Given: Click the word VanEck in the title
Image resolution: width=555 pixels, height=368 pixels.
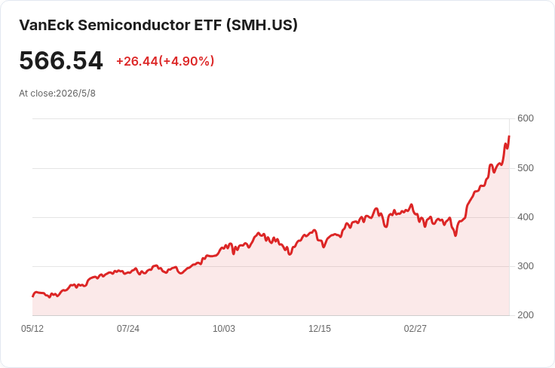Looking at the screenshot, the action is [46, 25].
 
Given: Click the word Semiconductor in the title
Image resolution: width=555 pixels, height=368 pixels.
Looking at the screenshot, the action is [133, 25].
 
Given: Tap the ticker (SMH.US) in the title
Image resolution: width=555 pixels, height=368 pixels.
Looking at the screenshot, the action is [262, 25].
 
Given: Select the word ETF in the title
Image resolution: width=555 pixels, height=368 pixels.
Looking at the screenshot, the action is [208, 25].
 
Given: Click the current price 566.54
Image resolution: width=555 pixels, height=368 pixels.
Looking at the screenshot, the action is [61, 60].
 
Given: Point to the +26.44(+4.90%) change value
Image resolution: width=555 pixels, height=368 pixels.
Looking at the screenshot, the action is [165, 61].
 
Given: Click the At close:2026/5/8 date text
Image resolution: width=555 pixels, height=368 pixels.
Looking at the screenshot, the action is [57, 94].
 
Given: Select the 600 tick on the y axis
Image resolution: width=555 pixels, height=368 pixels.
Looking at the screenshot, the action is [526, 118].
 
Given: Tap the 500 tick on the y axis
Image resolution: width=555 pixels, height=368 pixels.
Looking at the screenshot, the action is [526, 167].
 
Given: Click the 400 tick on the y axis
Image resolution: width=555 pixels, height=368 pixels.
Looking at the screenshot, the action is [526, 217].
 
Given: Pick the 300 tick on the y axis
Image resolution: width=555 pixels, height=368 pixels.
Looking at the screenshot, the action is [526, 266].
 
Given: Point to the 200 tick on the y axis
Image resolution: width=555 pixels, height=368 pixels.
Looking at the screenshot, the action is [526, 315].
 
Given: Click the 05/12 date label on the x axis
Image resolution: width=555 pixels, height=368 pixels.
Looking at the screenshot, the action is [32, 329].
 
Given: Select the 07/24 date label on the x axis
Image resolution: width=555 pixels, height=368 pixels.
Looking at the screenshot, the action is [128, 329].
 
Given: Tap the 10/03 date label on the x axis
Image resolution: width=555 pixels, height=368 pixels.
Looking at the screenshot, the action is [224, 329].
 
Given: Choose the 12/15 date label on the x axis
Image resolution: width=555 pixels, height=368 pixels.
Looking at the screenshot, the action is [320, 329].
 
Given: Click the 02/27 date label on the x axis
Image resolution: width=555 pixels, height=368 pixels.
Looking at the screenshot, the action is [415, 329].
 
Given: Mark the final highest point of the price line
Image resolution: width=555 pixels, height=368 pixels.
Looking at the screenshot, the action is [509, 136].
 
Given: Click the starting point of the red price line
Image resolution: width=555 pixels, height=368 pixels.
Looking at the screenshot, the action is [33, 296].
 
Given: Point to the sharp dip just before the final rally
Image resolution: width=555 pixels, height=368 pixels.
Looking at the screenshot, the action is [455, 235].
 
